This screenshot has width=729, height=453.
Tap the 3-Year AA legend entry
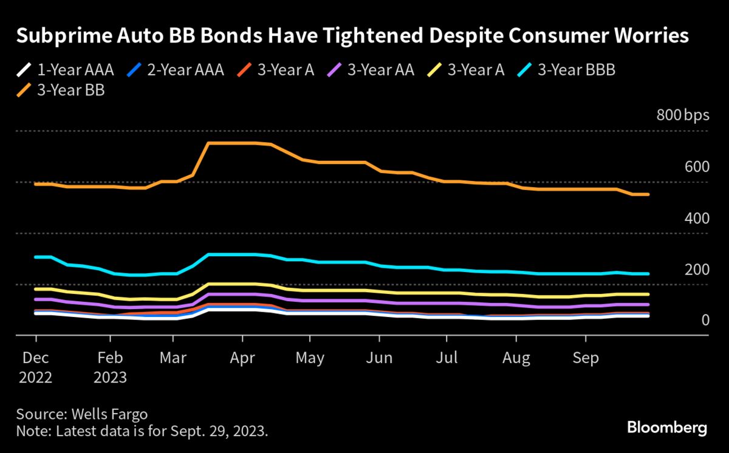370,69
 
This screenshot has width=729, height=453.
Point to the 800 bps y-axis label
682,115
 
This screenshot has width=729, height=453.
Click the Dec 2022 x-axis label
35,367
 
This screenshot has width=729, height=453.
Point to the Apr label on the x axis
242,358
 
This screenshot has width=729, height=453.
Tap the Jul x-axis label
447,358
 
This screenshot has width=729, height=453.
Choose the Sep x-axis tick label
586,358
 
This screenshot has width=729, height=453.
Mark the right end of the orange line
649,194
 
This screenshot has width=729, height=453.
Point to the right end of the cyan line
649,274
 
